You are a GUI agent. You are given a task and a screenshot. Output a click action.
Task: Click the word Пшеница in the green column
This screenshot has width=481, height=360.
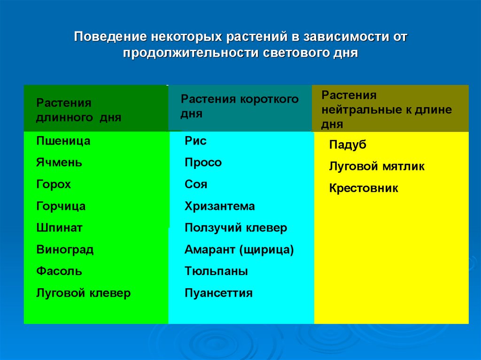[x=63, y=141]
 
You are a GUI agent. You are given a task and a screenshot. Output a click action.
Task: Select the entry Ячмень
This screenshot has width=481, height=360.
[x=59, y=163]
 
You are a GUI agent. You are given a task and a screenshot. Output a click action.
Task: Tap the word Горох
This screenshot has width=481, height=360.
[x=54, y=184]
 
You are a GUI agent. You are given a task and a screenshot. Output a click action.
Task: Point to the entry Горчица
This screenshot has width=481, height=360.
[x=61, y=206]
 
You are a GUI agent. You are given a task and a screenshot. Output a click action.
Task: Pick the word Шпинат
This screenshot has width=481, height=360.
[x=59, y=228]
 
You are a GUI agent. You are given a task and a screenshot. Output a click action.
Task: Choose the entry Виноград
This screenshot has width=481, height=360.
[x=65, y=250]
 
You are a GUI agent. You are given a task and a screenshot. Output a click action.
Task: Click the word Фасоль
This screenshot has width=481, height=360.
[x=59, y=271]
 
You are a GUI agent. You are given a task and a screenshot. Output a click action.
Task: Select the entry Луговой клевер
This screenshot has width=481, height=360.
[x=84, y=293]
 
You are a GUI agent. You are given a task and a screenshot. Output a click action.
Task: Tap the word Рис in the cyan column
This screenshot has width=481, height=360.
[x=195, y=141]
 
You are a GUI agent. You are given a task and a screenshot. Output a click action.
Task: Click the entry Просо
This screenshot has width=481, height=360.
[x=203, y=163]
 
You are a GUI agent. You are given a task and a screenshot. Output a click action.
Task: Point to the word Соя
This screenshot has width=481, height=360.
[x=196, y=184]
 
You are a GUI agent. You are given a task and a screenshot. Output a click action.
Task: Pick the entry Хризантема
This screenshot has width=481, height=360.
[x=220, y=206]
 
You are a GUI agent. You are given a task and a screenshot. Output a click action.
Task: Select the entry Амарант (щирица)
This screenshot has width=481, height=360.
[x=239, y=250]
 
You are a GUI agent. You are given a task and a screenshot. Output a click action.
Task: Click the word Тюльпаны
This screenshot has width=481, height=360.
[x=216, y=271]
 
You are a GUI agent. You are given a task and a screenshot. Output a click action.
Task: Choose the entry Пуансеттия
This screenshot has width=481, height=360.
[x=218, y=293]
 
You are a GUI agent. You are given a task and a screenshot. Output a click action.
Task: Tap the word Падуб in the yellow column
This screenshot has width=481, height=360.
[x=348, y=145]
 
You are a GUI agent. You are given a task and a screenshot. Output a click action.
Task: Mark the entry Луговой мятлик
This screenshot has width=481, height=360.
[x=377, y=166]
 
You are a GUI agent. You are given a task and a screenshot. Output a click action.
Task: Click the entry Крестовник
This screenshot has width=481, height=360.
[x=364, y=188]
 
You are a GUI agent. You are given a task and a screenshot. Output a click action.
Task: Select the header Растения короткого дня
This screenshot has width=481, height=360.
[x=240, y=106]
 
